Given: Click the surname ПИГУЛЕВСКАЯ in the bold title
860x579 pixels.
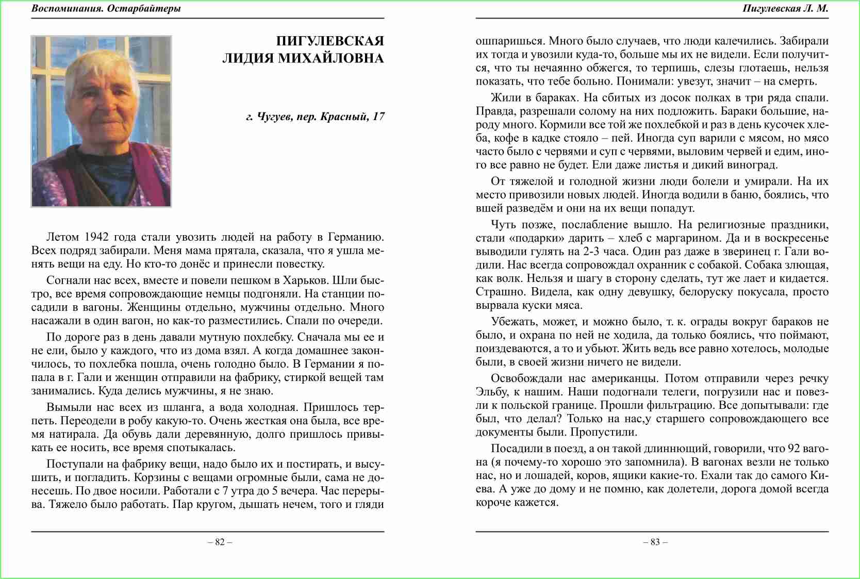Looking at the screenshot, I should click(x=330, y=41).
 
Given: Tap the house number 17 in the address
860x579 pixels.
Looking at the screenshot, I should click(x=378, y=117).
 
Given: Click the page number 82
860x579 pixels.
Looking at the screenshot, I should click(x=220, y=542).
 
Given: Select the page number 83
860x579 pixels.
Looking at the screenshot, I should click(x=655, y=542).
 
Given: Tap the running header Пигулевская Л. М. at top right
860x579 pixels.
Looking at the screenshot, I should click(x=785, y=8).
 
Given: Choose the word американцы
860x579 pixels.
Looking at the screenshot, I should click(x=631, y=378).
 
